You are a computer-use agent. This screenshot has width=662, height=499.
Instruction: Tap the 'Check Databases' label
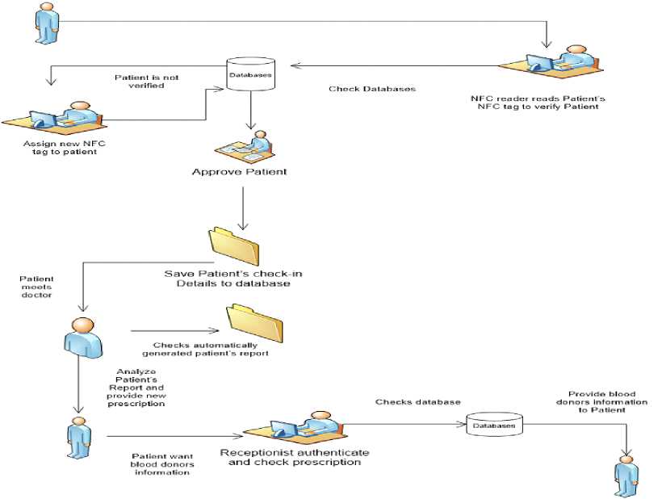372,89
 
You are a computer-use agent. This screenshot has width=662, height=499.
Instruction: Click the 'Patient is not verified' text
146,81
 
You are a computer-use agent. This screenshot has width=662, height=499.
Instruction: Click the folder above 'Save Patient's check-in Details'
235,241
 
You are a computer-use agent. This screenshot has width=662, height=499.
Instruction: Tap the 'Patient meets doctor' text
36,286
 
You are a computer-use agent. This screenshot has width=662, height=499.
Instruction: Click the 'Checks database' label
417,401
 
